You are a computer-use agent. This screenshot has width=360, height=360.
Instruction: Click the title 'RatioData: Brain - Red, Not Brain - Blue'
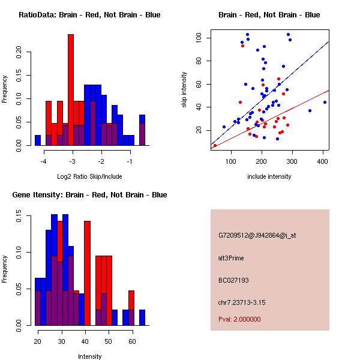[x=89, y=15]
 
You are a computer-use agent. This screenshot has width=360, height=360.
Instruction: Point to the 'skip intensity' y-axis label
[x=184, y=90]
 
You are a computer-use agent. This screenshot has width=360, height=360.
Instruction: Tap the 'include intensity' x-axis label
[x=269, y=176]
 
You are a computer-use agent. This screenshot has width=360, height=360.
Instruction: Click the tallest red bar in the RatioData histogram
[x=71, y=90]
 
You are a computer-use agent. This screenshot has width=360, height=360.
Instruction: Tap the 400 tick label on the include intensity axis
[x=323, y=161]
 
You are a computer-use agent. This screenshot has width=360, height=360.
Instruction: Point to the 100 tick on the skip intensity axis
[x=198, y=38]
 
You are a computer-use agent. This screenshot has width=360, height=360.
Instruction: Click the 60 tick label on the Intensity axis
[x=131, y=341]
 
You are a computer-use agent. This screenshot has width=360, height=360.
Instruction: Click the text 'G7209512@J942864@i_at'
[x=257, y=235]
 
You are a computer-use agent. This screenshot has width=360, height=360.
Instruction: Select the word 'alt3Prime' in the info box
[x=233, y=257]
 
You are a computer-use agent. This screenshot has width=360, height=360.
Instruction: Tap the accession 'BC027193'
[x=233, y=280]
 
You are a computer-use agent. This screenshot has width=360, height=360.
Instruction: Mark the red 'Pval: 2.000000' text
[x=239, y=319]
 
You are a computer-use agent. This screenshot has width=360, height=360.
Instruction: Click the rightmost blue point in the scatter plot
[x=325, y=102]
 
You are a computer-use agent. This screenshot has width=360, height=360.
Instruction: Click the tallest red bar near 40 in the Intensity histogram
[x=88, y=273]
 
